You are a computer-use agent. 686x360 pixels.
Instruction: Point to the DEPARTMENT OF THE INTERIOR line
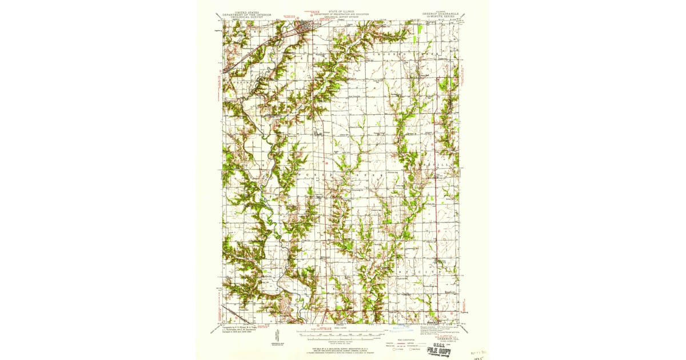[x=246, y=14]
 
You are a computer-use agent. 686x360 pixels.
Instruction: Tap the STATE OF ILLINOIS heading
[x=342, y=11]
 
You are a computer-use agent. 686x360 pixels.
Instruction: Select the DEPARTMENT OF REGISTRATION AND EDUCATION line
[x=342, y=14]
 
